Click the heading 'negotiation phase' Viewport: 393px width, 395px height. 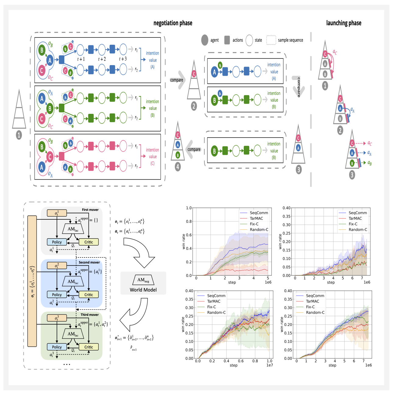coord(173,23)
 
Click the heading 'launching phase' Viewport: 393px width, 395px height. coord(344,23)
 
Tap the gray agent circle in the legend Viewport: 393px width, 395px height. coord(205,40)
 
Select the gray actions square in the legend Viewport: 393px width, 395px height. coord(227,40)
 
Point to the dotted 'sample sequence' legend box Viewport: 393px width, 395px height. coord(271,40)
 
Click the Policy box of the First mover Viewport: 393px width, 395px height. coord(57,242)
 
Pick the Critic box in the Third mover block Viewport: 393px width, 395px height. coord(89,347)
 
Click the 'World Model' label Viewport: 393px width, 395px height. coord(143,290)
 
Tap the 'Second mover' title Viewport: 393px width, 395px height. coord(89,262)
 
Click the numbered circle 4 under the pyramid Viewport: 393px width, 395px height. coord(178,166)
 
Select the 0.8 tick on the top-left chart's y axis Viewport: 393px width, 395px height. coord(189,222)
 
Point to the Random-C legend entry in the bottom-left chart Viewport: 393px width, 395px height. coord(216,313)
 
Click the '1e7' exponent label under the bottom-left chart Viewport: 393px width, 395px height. coord(269,365)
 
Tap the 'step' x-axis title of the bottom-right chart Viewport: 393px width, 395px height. coord(332,365)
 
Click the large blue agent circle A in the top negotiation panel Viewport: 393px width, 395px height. coord(50,60)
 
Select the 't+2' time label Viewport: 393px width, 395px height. coord(102,59)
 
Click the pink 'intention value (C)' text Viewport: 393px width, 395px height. coord(152,156)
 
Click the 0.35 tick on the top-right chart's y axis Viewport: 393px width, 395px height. coord(287,216)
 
